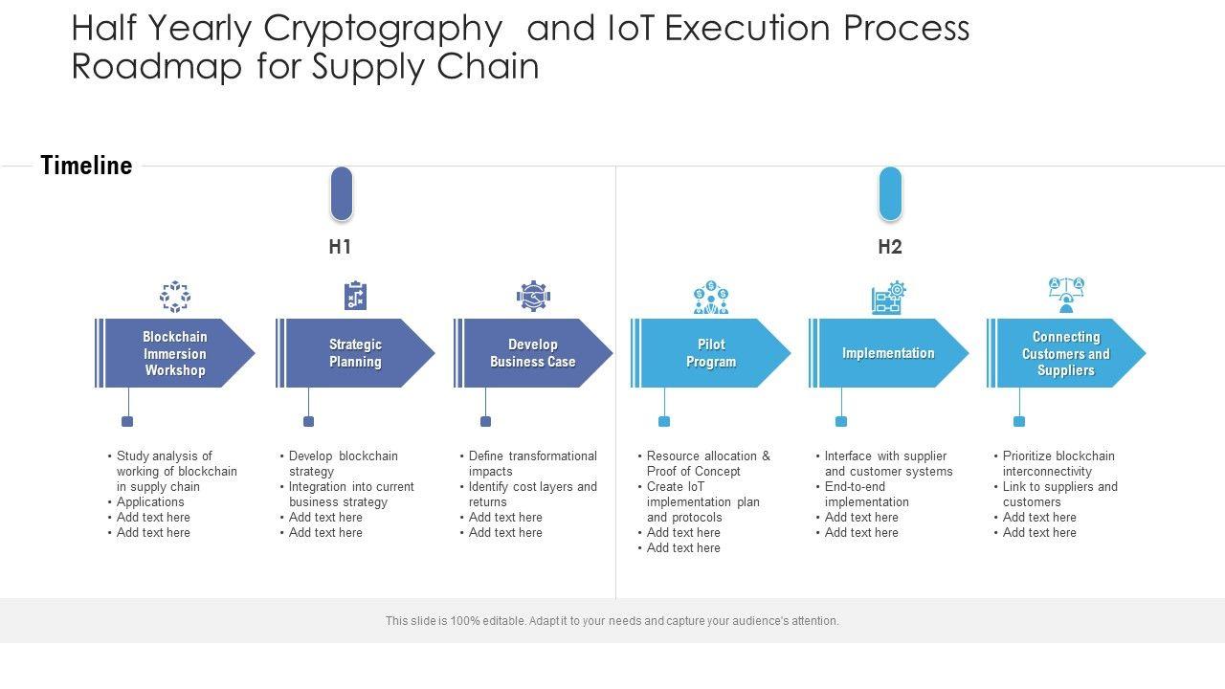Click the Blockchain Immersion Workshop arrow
(x=175, y=353)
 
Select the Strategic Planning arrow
(x=355, y=353)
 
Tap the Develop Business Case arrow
(x=533, y=353)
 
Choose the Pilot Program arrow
(x=711, y=353)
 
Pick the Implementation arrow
(x=888, y=353)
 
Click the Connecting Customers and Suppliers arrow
(x=1066, y=353)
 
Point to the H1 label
(x=340, y=247)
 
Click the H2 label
(x=890, y=247)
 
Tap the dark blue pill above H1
(x=342, y=193)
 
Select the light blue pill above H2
(x=890, y=193)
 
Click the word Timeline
(x=86, y=166)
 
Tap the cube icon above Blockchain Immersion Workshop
(x=174, y=297)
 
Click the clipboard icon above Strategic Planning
(x=355, y=296)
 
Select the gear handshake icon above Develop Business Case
(x=533, y=297)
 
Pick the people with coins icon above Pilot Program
(x=711, y=298)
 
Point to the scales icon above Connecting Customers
(x=1066, y=295)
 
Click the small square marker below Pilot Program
(x=664, y=421)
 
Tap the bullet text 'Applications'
(x=150, y=501)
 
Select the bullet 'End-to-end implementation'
(x=867, y=494)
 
